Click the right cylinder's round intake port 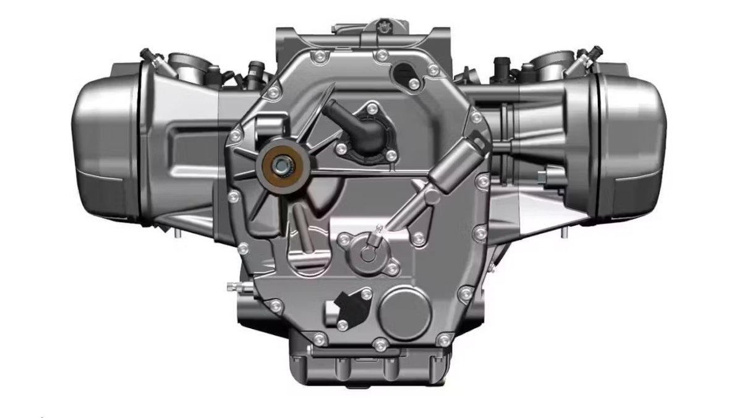click(x=550, y=60)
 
